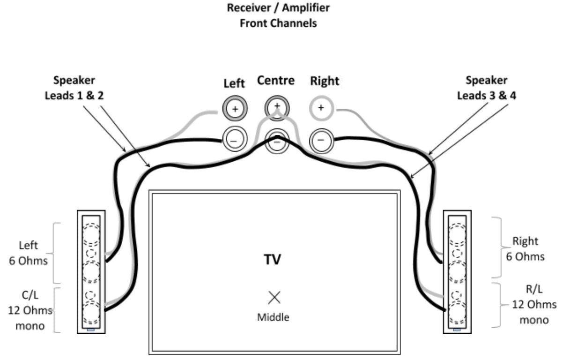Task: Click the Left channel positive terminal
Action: pyautogui.click(x=235, y=109)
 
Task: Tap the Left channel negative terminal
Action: pyautogui.click(x=235, y=140)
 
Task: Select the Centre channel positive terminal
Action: pyautogui.click(x=277, y=106)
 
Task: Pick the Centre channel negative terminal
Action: pyautogui.click(x=277, y=140)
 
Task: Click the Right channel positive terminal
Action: pyautogui.click(x=320, y=108)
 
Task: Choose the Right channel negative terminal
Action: pyautogui.click(x=320, y=140)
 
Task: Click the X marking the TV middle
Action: pyautogui.click(x=274, y=297)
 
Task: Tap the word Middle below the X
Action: pyautogui.click(x=273, y=317)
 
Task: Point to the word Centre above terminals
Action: pyautogui.click(x=276, y=81)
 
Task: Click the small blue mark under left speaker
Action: pyautogui.click(x=91, y=330)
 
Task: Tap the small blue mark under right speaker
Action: pyautogui.click(x=457, y=330)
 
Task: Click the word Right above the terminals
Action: pyautogui.click(x=325, y=82)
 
